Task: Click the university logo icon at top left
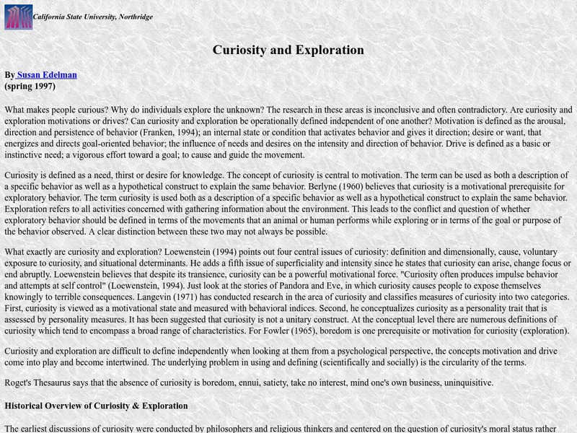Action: coord(18,17)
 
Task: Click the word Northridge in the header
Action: coord(134,17)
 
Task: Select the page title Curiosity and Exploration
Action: coord(288,50)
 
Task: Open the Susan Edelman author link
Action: coord(46,74)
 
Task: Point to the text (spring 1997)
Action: coord(30,86)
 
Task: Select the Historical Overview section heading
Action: coord(96,406)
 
